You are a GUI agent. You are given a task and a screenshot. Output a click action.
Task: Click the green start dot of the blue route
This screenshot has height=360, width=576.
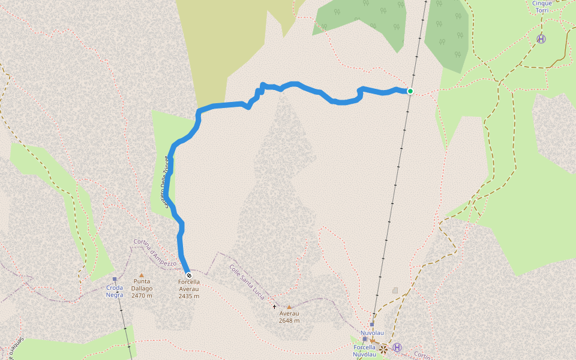pos(410,91)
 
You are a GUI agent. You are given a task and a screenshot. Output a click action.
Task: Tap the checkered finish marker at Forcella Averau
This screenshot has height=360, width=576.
pos(188,275)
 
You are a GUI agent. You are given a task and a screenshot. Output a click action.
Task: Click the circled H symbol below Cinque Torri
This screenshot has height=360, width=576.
pos(541,39)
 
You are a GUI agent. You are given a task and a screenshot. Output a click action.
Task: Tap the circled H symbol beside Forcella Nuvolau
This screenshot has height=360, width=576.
pos(397,347)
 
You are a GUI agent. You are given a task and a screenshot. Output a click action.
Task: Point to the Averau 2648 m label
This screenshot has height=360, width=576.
pos(289,317)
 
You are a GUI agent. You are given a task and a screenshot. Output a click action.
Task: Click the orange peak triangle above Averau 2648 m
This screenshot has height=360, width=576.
pos(289,307)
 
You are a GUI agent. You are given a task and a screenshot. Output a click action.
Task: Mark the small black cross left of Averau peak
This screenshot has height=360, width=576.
pos(275,307)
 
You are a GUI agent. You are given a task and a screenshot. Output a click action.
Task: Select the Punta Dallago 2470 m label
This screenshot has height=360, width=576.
pos(142,288)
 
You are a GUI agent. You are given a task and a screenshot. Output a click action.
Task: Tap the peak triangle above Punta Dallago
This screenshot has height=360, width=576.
pos(142,275)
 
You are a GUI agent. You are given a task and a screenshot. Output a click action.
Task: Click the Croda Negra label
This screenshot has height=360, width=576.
pos(115,290)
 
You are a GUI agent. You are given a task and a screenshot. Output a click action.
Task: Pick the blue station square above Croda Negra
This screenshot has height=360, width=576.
pos(115,279)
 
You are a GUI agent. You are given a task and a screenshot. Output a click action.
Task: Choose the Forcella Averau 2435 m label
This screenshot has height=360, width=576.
pos(188,289)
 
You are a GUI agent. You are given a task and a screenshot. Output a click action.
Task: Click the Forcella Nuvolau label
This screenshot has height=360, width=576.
pos(364,351)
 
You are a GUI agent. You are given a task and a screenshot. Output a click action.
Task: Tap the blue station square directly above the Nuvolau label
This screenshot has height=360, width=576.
pos(372,324)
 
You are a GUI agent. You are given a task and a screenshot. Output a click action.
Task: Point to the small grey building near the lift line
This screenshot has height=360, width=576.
pos(395,290)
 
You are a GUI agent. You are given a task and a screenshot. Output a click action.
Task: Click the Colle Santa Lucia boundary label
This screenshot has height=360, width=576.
pos(247,280)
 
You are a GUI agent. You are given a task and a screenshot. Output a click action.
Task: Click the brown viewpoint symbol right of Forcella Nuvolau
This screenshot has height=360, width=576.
pos(383,349)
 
